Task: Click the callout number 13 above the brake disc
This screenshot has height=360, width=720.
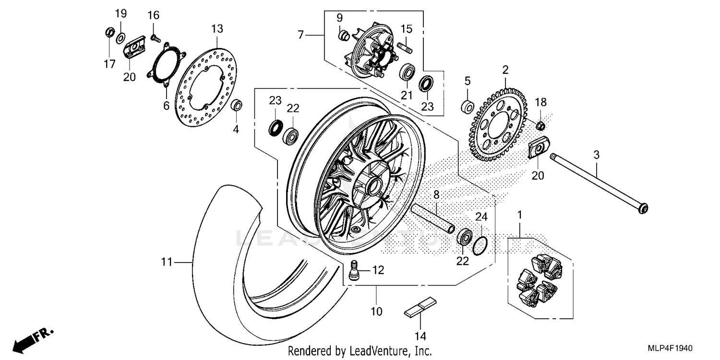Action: click(217, 29)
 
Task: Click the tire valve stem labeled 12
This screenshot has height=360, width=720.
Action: click(355, 271)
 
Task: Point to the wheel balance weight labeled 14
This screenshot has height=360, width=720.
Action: click(420, 307)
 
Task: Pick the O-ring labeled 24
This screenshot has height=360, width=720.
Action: click(480, 245)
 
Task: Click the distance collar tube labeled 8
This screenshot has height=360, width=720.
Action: click(432, 216)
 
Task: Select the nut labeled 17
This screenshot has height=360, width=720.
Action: click(109, 33)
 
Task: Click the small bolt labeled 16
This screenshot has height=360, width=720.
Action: click(155, 37)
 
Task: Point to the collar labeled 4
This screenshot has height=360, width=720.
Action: click(237, 105)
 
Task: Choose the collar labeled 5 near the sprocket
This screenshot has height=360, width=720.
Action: click(468, 107)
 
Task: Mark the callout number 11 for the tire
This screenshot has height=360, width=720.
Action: click(167, 262)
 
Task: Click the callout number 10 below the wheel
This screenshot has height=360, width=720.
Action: click(376, 312)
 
